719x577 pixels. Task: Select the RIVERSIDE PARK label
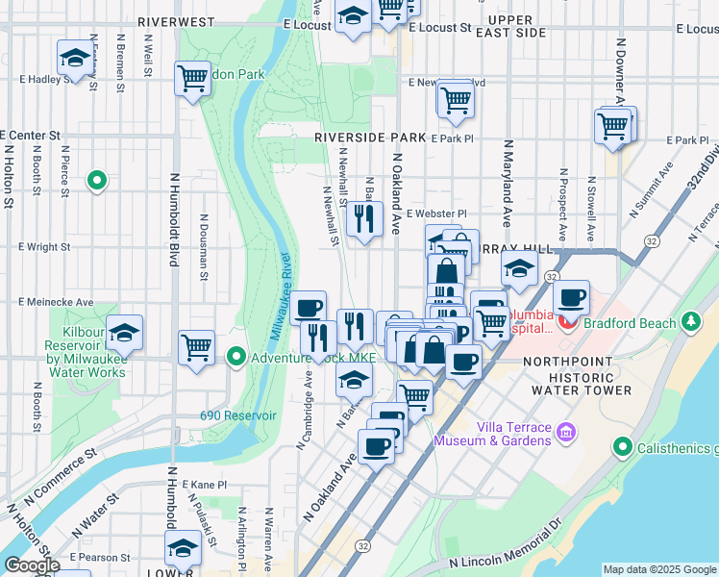coord(370,138)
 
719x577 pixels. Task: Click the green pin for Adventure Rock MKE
coord(236,358)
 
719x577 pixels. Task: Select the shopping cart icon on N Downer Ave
coord(612,126)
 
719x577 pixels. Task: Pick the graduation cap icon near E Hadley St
coord(75,60)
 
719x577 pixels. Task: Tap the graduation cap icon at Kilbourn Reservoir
coord(125,334)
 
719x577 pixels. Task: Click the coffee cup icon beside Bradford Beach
coord(572,299)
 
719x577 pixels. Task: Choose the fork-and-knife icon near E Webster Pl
coord(363,220)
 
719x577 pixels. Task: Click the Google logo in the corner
coord(31,565)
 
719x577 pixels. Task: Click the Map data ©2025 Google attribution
coord(658,569)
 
